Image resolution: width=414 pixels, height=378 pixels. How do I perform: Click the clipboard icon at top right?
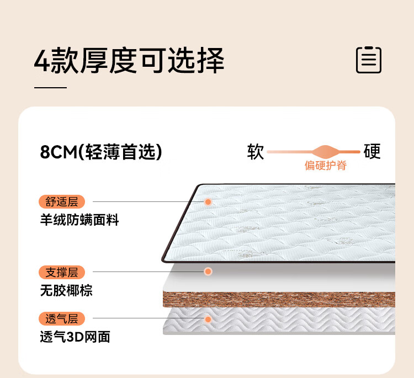(369, 60)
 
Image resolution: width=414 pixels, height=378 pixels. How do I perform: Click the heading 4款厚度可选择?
(129, 61)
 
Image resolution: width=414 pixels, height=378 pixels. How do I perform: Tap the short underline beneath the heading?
(50, 87)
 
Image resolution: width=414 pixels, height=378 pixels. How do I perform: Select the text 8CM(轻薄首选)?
(101, 152)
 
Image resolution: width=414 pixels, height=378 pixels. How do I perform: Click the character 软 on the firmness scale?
(256, 152)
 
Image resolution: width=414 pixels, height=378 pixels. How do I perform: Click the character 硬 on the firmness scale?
(373, 152)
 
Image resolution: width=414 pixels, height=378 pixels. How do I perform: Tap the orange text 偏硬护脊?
(326, 166)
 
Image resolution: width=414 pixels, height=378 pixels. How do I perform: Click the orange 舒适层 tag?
(62, 202)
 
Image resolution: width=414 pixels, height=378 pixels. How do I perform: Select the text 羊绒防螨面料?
(79, 220)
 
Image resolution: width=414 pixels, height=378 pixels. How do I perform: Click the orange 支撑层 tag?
(62, 272)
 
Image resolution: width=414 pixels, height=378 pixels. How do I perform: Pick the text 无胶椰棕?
(66, 290)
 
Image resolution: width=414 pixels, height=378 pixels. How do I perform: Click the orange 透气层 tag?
(62, 318)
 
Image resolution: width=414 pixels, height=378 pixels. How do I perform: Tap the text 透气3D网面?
(75, 337)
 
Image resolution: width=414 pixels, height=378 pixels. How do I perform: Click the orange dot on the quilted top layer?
(208, 202)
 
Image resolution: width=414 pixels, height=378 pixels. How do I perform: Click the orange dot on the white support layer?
(208, 271)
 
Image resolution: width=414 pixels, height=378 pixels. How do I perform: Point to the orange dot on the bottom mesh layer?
(208, 319)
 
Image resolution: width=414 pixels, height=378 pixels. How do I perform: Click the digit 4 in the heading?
(42, 61)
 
